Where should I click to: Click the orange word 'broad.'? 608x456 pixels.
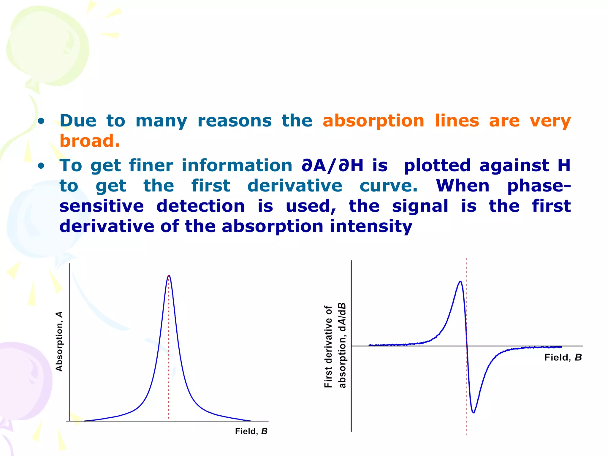tap(90, 141)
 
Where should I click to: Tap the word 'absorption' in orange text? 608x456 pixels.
tap(373, 121)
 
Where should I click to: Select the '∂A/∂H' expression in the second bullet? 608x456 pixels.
tap(332, 166)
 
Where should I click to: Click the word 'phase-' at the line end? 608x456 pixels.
tap(539, 186)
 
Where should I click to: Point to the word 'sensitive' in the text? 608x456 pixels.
tap(102, 206)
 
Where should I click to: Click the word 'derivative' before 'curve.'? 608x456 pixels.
tap(294, 186)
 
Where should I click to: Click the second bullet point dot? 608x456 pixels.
tap(41, 166)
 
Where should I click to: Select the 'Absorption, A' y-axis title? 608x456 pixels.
tap(59, 341)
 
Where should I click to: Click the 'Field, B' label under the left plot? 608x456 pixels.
tap(251, 431)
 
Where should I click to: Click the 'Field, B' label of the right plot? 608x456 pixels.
tap(563, 357)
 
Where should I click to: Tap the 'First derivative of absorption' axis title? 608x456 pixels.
tap(335, 346)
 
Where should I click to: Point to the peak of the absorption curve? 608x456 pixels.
tap(169, 275)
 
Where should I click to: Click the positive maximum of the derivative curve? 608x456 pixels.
tap(460, 281)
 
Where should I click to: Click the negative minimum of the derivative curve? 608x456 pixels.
tap(474, 412)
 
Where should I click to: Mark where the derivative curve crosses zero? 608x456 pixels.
tap(467, 346)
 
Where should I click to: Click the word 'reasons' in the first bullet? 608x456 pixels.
tap(235, 121)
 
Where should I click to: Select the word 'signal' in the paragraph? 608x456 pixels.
tap(420, 206)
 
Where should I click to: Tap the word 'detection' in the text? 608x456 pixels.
tap(200, 206)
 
